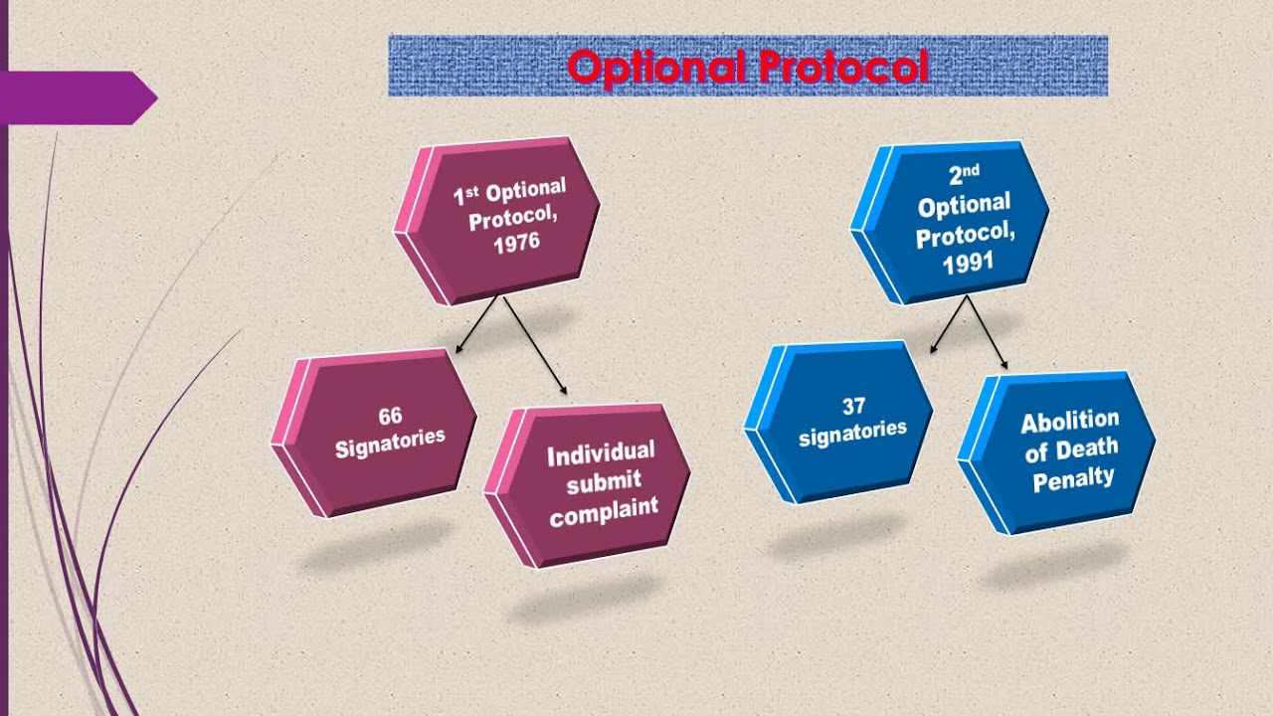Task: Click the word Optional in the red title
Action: coord(657,67)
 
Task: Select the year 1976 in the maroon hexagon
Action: coord(516,243)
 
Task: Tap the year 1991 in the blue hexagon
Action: coord(967,265)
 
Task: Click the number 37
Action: coord(852,406)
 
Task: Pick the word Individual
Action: coord(601,454)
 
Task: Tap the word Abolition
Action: coord(1069,421)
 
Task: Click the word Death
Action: coord(1085,449)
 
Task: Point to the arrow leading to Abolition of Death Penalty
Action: coord(987,333)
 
